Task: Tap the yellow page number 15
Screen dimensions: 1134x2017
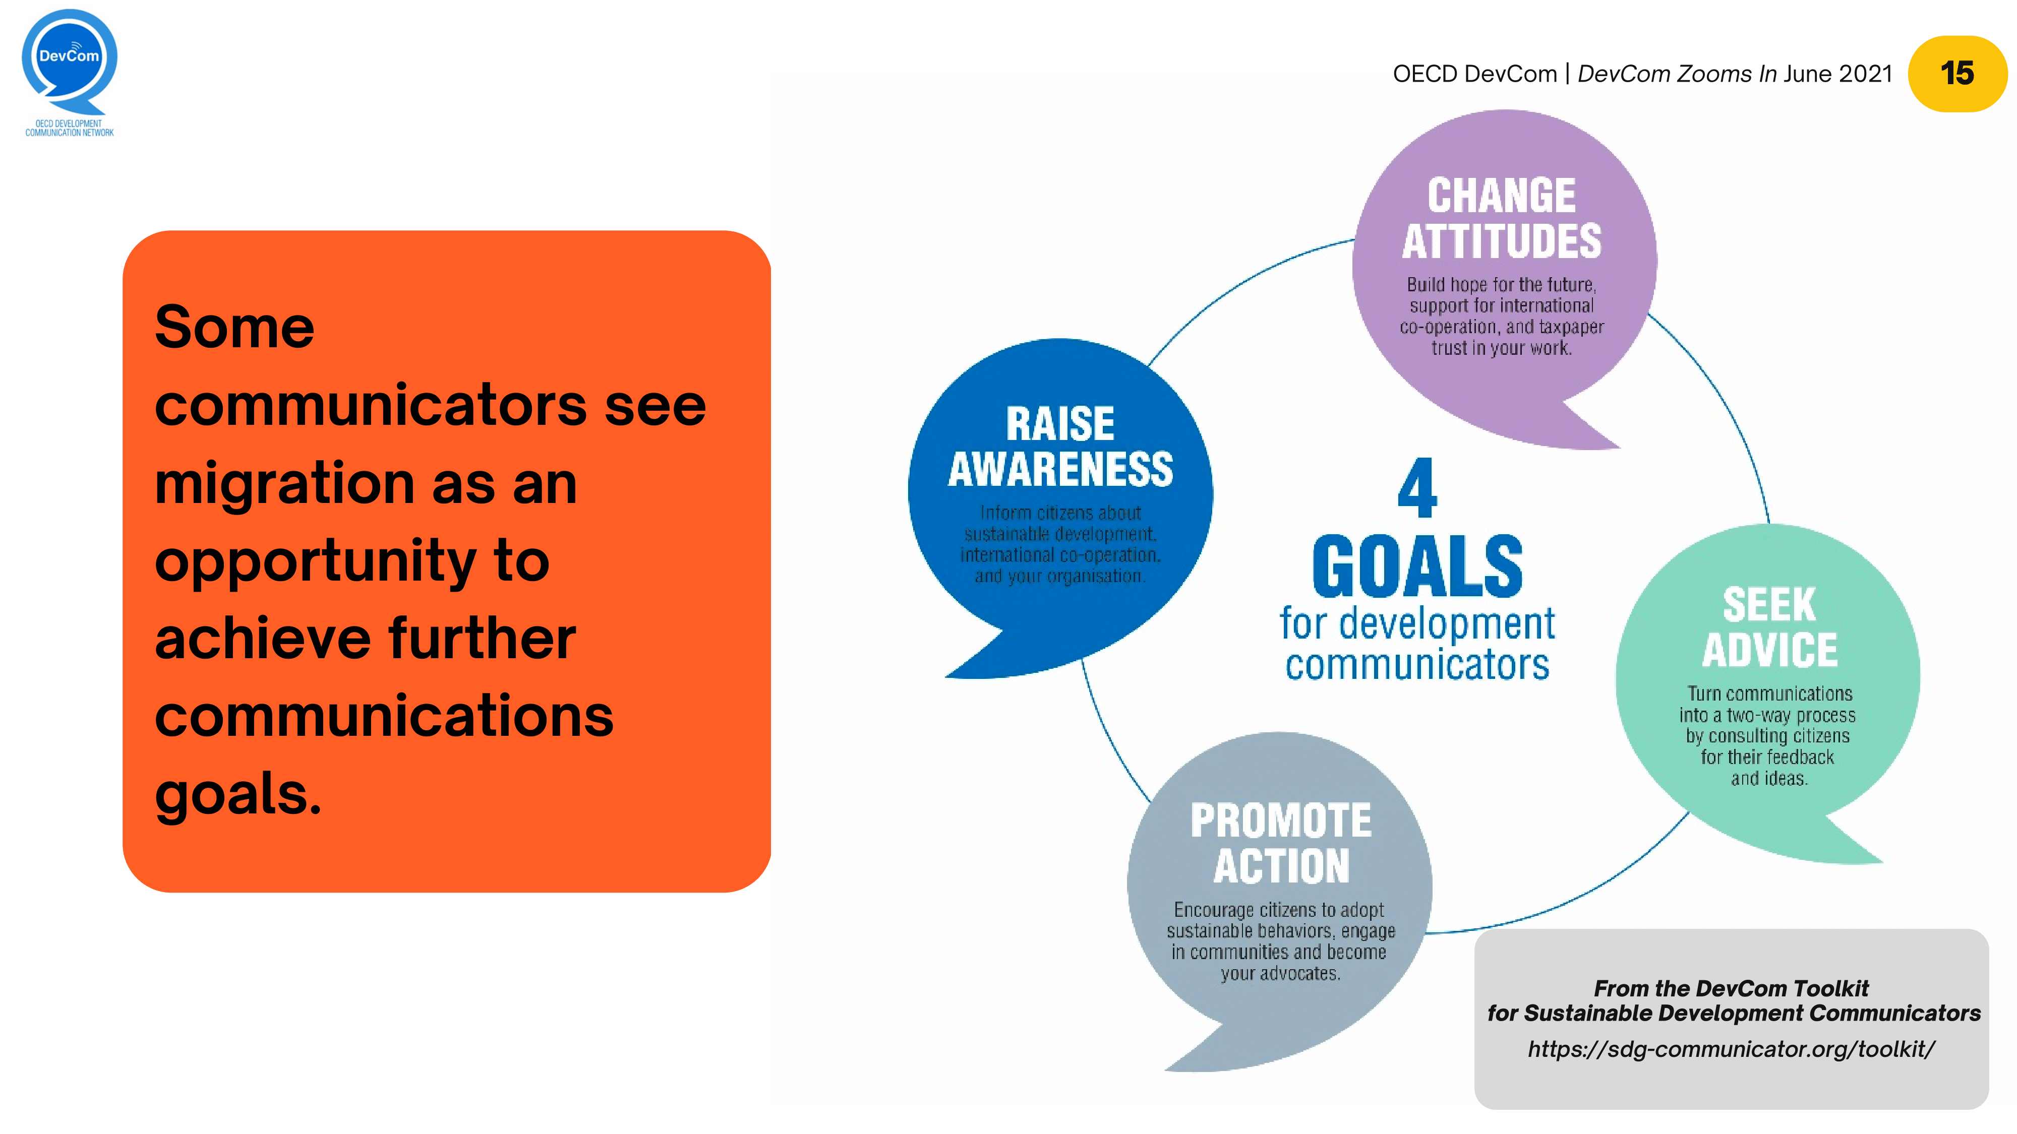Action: coord(1956,74)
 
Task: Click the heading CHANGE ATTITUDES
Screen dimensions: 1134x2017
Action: coord(1501,218)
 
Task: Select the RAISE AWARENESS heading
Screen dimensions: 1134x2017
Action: coord(1060,446)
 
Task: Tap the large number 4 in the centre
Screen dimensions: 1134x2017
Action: coord(1417,488)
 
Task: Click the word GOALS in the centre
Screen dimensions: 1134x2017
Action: coord(1417,566)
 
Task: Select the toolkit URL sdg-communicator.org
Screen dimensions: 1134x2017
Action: coord(1731,1049)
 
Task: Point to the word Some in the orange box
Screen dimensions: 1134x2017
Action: coord(234,327)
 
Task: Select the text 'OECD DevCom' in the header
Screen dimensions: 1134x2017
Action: coord(1474,74)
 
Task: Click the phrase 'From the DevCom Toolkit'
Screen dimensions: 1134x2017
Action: coord(1731,988)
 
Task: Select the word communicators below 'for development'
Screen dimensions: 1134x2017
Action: coord(1417,666)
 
